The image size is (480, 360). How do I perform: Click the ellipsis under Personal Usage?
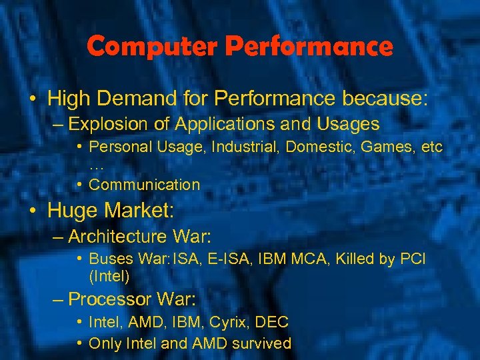(96, 166)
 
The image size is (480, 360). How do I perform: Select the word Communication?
(144, 185)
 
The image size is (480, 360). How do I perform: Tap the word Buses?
(111, 259)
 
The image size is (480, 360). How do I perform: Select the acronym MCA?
(321, 259)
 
